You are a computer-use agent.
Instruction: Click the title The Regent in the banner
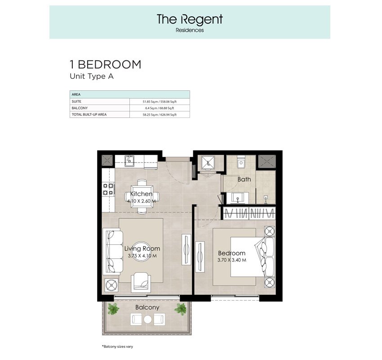[190, 19]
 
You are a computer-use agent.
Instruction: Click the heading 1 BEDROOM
[106, 65]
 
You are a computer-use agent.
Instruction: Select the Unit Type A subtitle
[91, 76]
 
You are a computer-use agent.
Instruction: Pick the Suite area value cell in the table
[159, 102]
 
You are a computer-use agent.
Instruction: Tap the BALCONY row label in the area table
[79, 108]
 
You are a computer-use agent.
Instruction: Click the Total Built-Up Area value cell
[159, 115]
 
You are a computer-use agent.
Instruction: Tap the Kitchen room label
[141, 194]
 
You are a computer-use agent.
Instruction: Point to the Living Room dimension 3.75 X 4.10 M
[141, 255]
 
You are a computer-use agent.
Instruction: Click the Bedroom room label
[232, 253]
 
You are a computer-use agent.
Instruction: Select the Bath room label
[244, 179]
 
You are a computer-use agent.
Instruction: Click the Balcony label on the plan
[147, 307]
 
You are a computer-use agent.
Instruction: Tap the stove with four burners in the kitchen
[108, 189]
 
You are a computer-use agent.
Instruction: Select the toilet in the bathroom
[241, 162]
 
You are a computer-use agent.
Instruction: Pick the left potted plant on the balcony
[113, 309]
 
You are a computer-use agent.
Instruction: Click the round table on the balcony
[147, 319]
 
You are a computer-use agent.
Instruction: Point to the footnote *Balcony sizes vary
[117, 346]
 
